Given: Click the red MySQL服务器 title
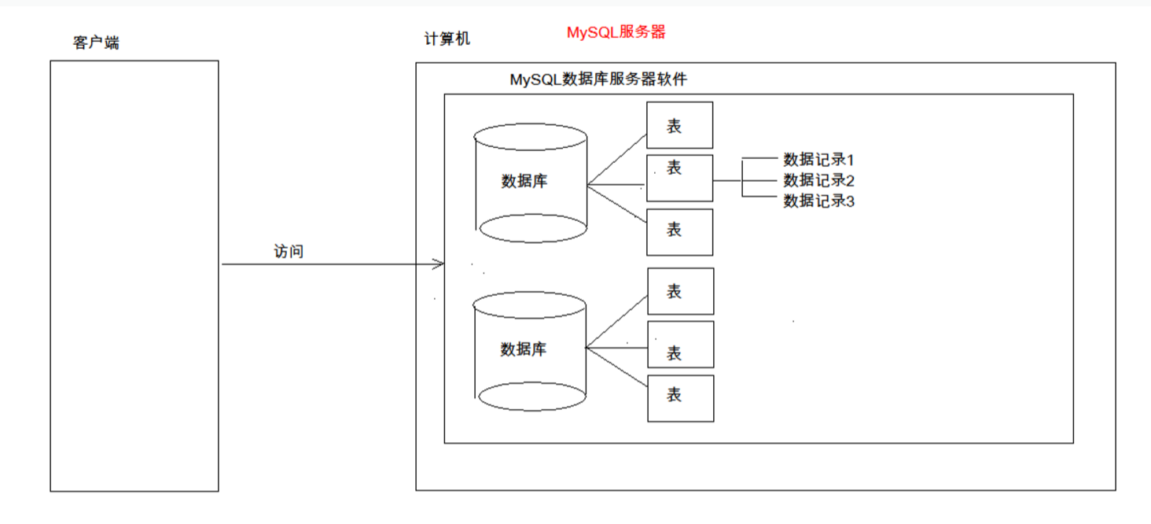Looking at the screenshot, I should coord(616,32).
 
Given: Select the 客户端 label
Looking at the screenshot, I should coord(96,42).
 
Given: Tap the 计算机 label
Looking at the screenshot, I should coord(447,39).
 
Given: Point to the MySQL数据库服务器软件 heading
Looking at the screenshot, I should coord(598,79).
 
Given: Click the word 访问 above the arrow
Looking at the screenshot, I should coord(289,252).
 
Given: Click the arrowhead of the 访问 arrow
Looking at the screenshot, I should coord(440,264).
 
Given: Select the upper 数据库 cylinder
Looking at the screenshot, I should coord(531,182).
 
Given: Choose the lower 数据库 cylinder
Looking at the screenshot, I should coord(531,350).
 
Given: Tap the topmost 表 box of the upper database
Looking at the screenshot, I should coord(679,125).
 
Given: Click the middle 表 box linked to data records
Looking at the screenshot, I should coord(679,179).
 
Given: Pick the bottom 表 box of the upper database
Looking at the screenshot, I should coord(679,232).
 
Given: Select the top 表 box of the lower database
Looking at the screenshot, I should coord(680,291).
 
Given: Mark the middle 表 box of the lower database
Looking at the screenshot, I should coord(680,345).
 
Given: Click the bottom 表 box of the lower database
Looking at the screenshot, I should coord(680,398).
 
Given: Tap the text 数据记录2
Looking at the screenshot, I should coord(818,180).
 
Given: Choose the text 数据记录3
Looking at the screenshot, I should coord(818,201).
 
